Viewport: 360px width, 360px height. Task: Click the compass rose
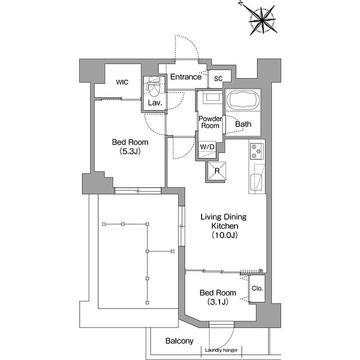(x=262, y=20)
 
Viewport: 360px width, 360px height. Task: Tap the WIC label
(x=122, y=82)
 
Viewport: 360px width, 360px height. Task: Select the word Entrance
(x=186, y=77)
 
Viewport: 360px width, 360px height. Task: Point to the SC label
(x=218, y=79)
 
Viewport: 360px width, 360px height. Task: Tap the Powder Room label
(x=210, y=122)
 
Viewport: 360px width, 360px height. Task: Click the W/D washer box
(x=207, y=150)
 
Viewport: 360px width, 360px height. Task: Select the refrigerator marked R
(x=217, y=171)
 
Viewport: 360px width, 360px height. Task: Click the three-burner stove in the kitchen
(x=257, y=151)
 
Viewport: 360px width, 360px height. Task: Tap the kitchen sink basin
(x=256, y=183)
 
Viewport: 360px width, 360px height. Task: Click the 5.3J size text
(x=130, y=151)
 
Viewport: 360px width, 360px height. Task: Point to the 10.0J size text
(x=225, y=235)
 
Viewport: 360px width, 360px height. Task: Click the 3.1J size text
(x=218, y=302)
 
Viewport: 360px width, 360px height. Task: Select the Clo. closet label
(x=257, y=288)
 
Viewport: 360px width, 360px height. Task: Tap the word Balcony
(x=179, y=341)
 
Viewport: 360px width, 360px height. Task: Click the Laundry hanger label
(x=221, y=350)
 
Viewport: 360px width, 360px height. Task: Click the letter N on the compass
(x=241, y=3)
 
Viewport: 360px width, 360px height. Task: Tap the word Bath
(x=243, y=124)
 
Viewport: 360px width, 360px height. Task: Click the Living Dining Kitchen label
(x=224, y=221)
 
